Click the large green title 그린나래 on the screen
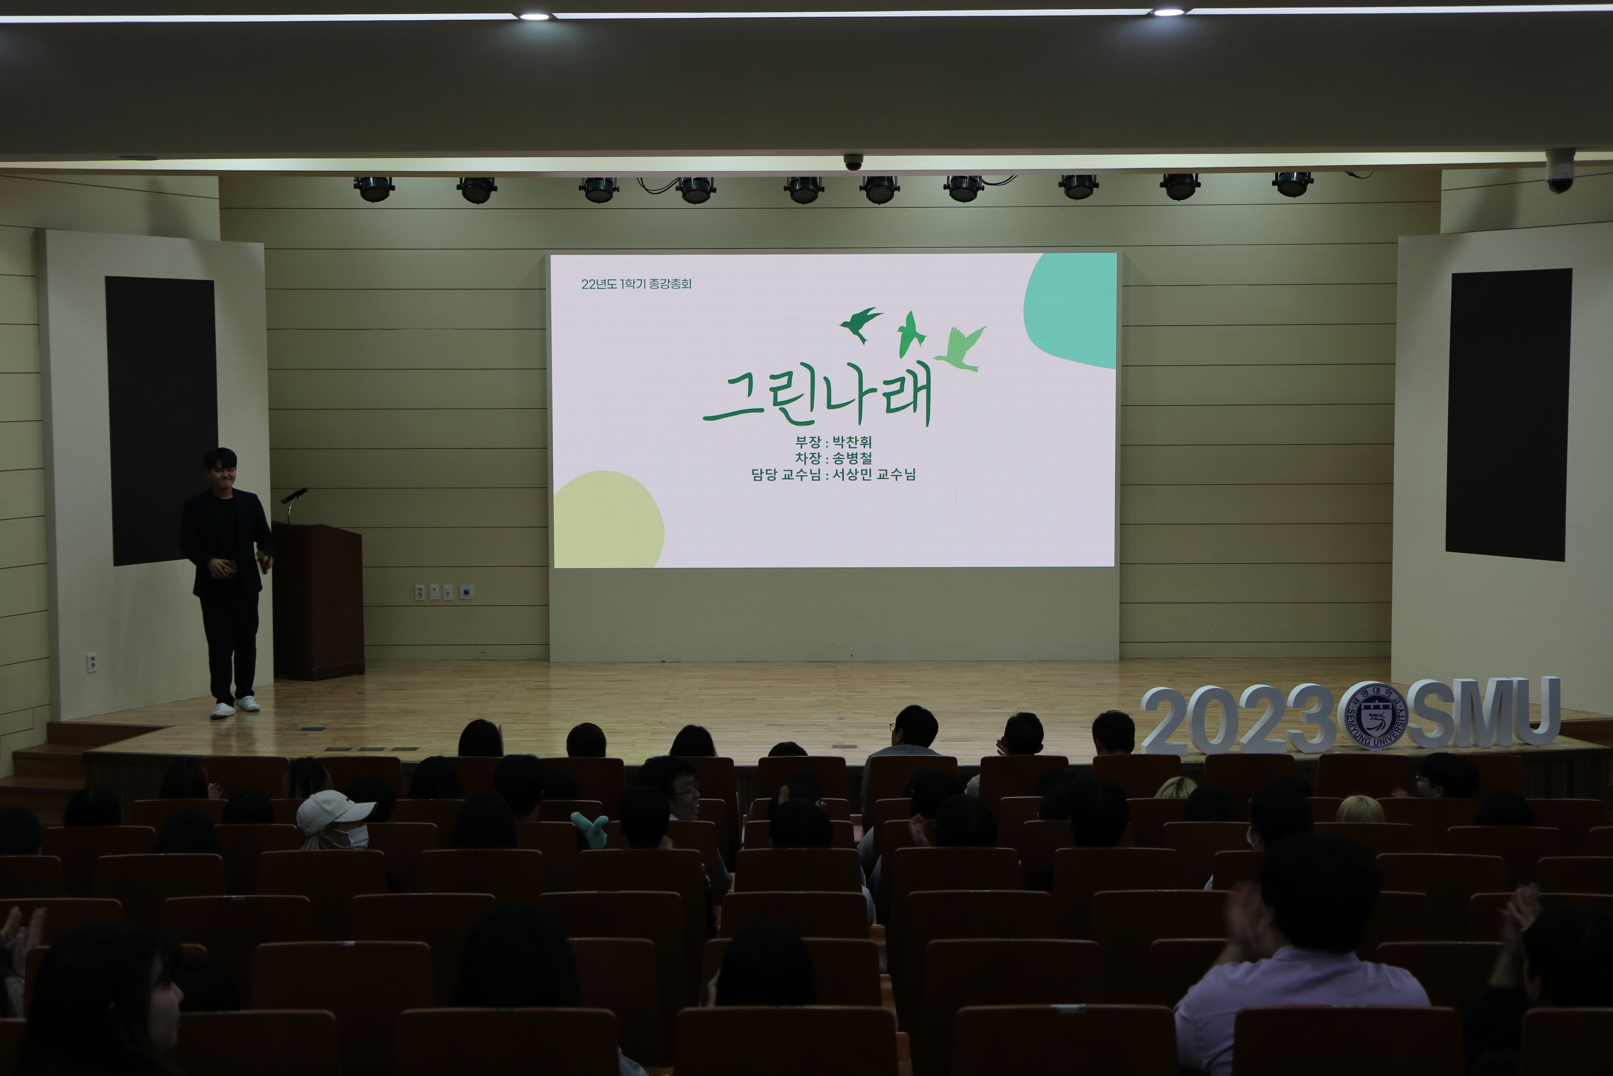pos(817,396)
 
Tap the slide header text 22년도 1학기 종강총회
pos(636,284)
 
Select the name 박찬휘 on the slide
pos(852,442)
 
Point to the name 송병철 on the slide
pos(852,458)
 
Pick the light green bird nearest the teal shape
pos(962,349)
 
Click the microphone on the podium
pos(294,496)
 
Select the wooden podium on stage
pos(318,601)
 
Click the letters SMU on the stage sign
pos(1484,712)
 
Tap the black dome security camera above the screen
pos(853,162)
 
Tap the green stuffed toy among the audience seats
pos(590,828)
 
